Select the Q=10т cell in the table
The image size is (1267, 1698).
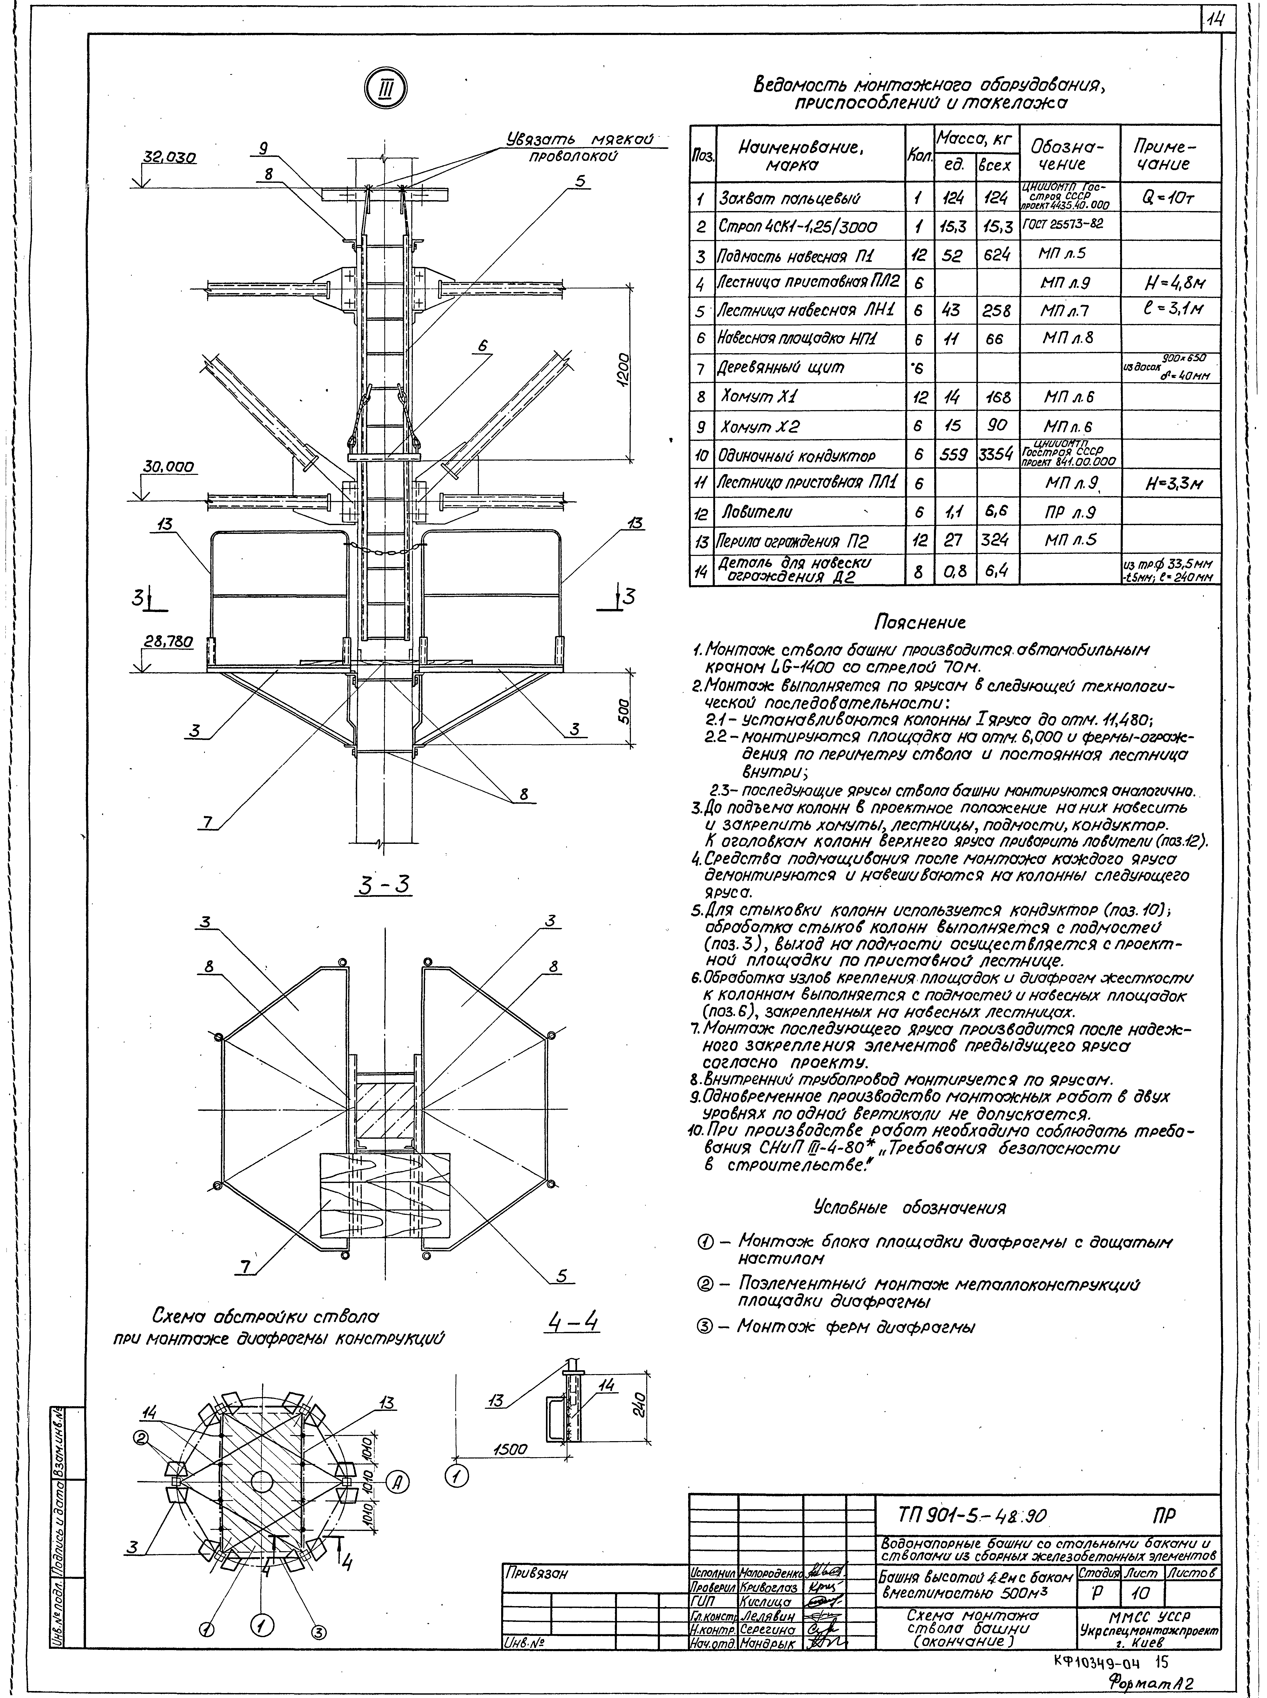(x=1170, y=198)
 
